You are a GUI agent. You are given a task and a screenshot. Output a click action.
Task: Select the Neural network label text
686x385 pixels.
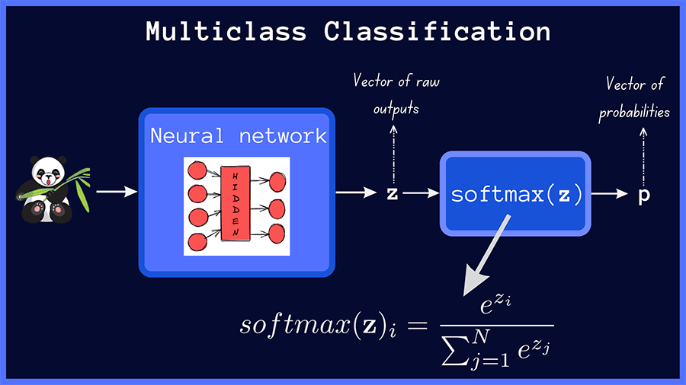click(x=238, y=136)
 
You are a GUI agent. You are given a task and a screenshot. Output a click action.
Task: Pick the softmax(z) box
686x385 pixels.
click(x=516, y=193)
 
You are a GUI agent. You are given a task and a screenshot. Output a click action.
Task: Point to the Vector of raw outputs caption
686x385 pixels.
click(x=395, y=94)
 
